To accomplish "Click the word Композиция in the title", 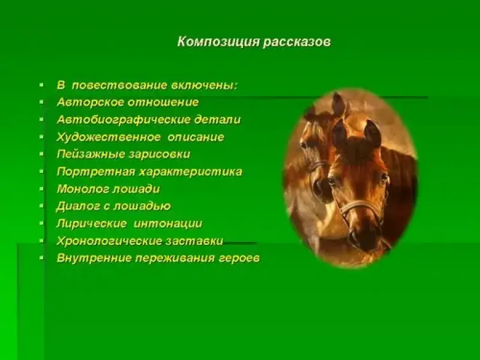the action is [x=218, y=41].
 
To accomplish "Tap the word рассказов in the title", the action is [x=297, y=42].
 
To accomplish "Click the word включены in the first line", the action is [x=205, y=85].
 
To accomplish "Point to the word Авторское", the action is [x=91, y=102].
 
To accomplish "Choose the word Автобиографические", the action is [x=124, y=119].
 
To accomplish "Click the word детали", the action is [x=217, y=119].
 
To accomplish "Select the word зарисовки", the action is [x=160, y=154].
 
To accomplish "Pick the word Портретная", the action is [x=96, y=172].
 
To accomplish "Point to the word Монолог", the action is [x=83, y=189].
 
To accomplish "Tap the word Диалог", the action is [x=79, y=206].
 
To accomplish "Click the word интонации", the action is [x=168, y=224].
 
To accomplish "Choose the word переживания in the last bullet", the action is [x=175, y=259].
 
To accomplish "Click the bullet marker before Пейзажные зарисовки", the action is [x=41, y=154].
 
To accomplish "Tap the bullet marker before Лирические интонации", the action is [x=41, y=224].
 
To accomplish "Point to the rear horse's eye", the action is [x=304, y=144].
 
